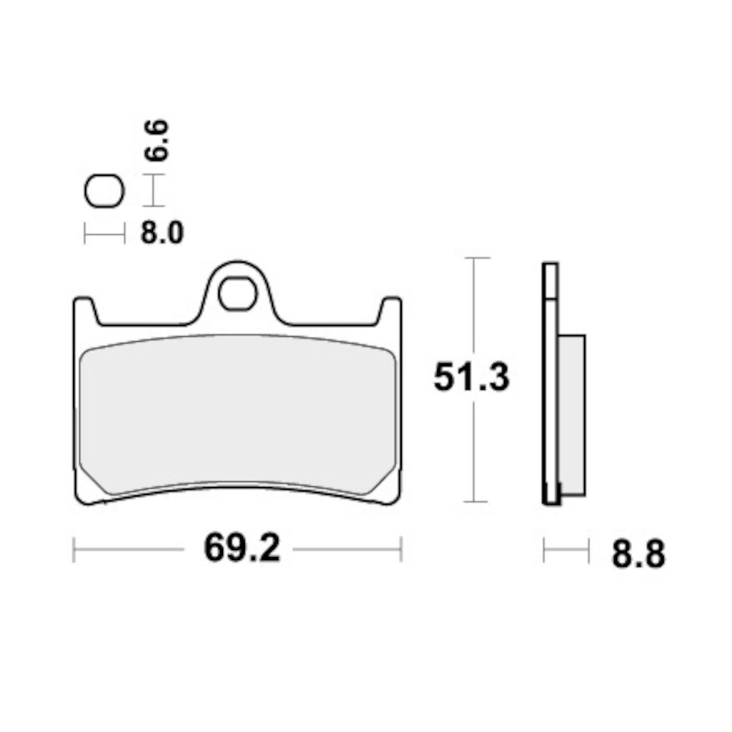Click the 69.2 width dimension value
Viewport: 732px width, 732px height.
tap(242, 549)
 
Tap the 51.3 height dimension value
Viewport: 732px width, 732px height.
tap(471, 377)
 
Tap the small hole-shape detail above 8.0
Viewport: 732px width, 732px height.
tap(104, 191)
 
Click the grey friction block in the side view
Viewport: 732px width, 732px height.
tap(571, 415)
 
